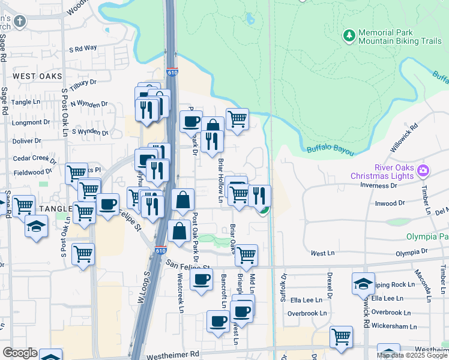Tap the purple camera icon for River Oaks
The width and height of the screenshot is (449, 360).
coord(423,171)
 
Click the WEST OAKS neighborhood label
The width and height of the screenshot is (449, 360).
coord(37,76)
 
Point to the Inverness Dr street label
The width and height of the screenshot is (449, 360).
coord(379,185)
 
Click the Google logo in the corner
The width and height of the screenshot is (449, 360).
coord(20,353)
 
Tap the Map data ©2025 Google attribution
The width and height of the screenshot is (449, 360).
coord(412,355)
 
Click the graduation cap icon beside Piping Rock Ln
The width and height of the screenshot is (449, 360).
coord(363,283)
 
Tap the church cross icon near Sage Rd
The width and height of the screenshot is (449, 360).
coord(20,22)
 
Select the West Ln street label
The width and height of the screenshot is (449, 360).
coord(322,254)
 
